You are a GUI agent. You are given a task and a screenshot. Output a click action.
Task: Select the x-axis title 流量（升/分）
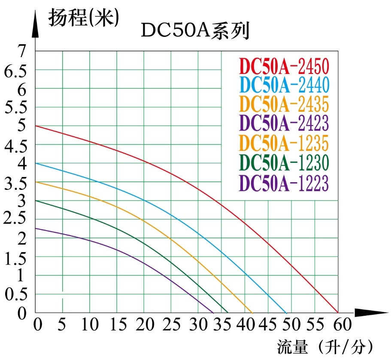[325, 346]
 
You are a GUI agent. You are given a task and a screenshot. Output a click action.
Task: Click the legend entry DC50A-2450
[284, 67]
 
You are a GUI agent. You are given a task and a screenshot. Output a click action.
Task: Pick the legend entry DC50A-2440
[284, 85]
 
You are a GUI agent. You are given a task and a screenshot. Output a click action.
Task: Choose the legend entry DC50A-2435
[284, 104]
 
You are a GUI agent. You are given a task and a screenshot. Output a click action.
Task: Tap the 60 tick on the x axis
[342, 324]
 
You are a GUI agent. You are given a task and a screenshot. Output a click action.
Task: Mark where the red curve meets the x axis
[338, 312]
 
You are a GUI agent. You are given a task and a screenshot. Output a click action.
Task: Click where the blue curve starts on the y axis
[36, 163]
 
